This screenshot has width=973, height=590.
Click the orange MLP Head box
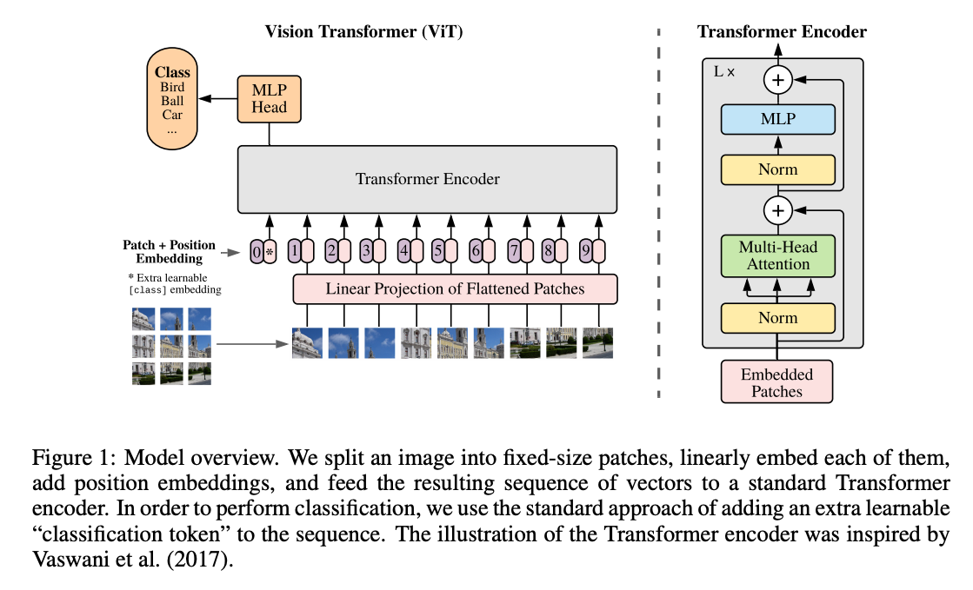[x=269, y=99]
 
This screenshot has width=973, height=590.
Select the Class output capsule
[x=172, y=99]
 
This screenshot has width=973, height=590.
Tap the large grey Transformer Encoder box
[x=427, y=179]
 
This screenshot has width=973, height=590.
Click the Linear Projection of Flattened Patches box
[x=455, y=289]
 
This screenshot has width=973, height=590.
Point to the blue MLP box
[x=777, y=119]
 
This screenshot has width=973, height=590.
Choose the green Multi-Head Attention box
[x=777, y=255]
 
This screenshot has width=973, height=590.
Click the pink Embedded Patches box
[x=776, y=382]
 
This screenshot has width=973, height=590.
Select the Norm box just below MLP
[x=777, y=169]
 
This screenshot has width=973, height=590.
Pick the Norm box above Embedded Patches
[x=777, y=318]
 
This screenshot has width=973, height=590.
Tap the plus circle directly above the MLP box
[x=778, y=80]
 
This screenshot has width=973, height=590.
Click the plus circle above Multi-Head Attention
[x=778, y=210]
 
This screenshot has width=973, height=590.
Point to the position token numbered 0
[x=257, y=252]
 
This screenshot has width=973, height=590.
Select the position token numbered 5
[x=438, y=251]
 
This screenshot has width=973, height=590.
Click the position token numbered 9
[x=586, y=251]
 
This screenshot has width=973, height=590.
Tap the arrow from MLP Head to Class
[x=217, y=99]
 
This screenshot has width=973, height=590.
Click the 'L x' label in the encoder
[x=724, y=72]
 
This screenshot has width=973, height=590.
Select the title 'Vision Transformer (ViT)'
[x=363, y=31]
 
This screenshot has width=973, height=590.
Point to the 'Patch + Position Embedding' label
[x=169, y=251]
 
